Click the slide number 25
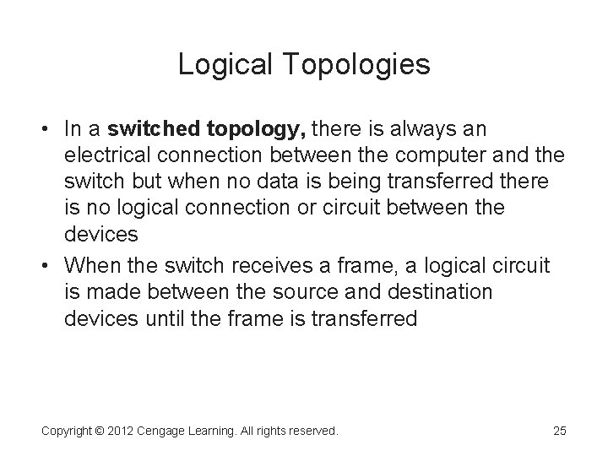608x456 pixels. (559, 431)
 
